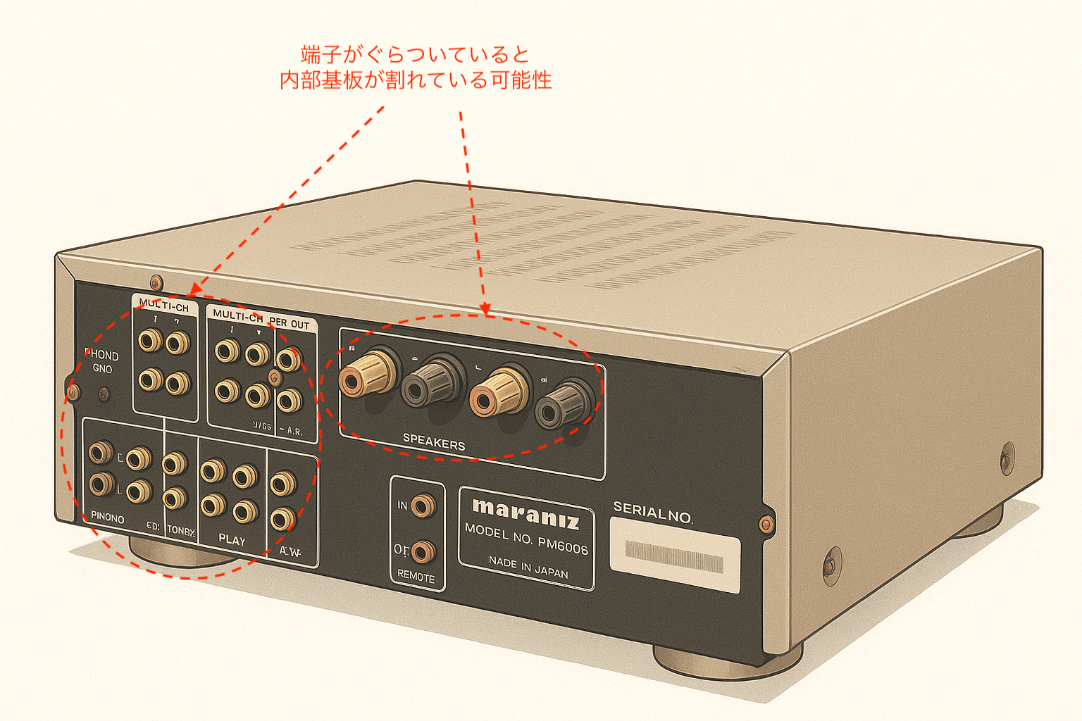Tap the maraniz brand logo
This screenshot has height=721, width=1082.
point(526,513)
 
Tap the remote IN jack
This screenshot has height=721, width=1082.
point(423,506)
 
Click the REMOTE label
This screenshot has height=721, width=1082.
point(416,576)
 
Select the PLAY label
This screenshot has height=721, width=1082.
point(232,540)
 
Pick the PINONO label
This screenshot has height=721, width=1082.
point(107,518)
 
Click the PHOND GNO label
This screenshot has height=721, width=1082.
point(101,361)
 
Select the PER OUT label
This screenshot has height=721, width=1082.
point(290,323)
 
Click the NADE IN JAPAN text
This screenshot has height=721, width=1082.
point(528,567)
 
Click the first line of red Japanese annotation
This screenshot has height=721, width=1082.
point(414,54)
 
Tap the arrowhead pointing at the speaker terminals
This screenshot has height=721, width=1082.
point(485,309)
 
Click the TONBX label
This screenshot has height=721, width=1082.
point(180,532)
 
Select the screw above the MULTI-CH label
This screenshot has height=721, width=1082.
point(156,284)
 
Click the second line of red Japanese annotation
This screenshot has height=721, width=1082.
point(415,80)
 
